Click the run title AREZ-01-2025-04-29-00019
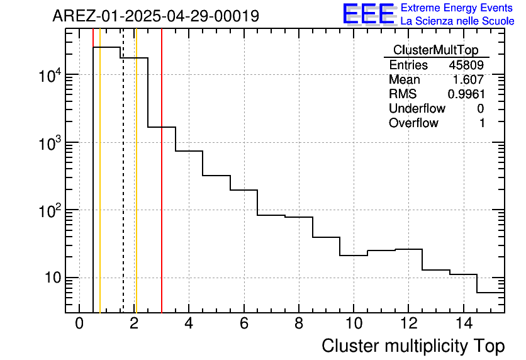click(155, 16)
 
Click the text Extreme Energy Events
click(456, 8)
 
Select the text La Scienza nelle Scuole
click(457, 21)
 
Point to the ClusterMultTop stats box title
click(435, 50)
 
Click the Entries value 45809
click(466, 65)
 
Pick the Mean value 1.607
click(469, 80)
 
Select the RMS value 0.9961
click(466, 94)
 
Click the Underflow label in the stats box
click(417, 109)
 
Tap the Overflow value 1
click(482, 123)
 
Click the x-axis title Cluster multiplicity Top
click(413, 346)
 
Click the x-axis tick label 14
click(463, 324)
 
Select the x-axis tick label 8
click(298, 324)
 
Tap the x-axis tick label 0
click(79, 324)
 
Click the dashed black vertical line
click(123, 189)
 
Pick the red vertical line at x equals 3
click(162, 189)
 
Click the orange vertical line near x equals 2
click(136, 189)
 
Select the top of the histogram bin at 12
click(408, 249)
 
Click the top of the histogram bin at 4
click(189, 151)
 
